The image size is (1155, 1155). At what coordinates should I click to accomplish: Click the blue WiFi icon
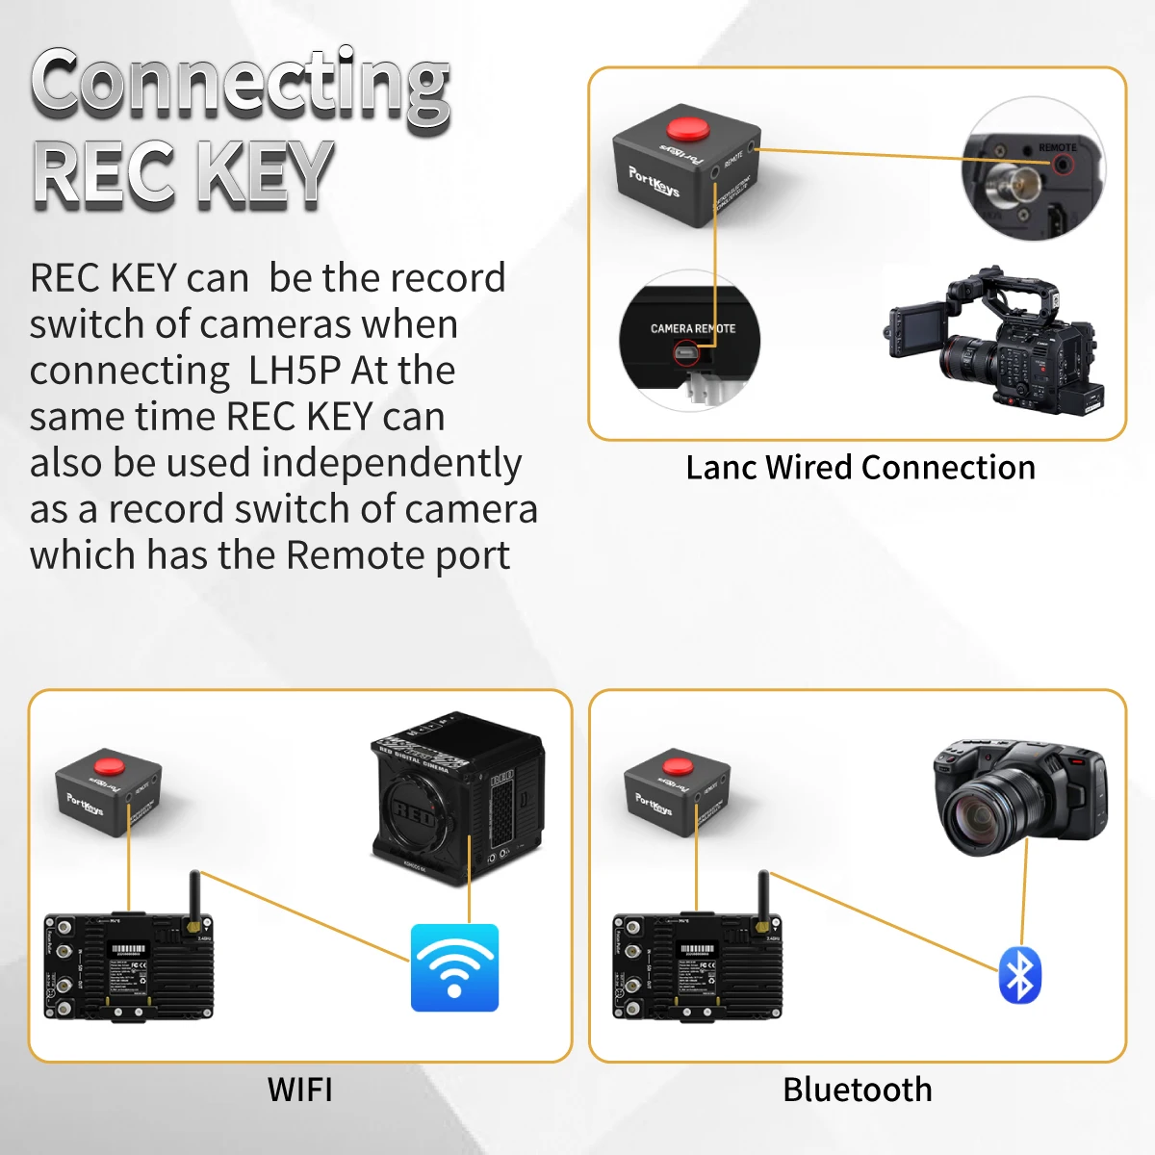pos(454,967)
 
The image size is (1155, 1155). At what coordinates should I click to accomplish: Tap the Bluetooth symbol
pos(1019,975)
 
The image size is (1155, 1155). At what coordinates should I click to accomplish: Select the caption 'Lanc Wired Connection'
pos(860,468)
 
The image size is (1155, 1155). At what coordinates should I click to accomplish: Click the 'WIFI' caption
pos(300,1090)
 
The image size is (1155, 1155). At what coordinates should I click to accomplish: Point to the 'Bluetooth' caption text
pos(857,1090)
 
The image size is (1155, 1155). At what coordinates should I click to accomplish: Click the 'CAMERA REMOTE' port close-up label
pos(692,329)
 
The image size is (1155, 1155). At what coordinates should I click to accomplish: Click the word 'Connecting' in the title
pos(241,87)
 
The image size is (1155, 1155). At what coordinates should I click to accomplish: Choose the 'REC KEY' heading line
pos(183,173)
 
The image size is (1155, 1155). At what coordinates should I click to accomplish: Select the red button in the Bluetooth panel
pos(679,766)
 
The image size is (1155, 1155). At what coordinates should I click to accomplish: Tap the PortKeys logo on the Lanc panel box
pos(654,180)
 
